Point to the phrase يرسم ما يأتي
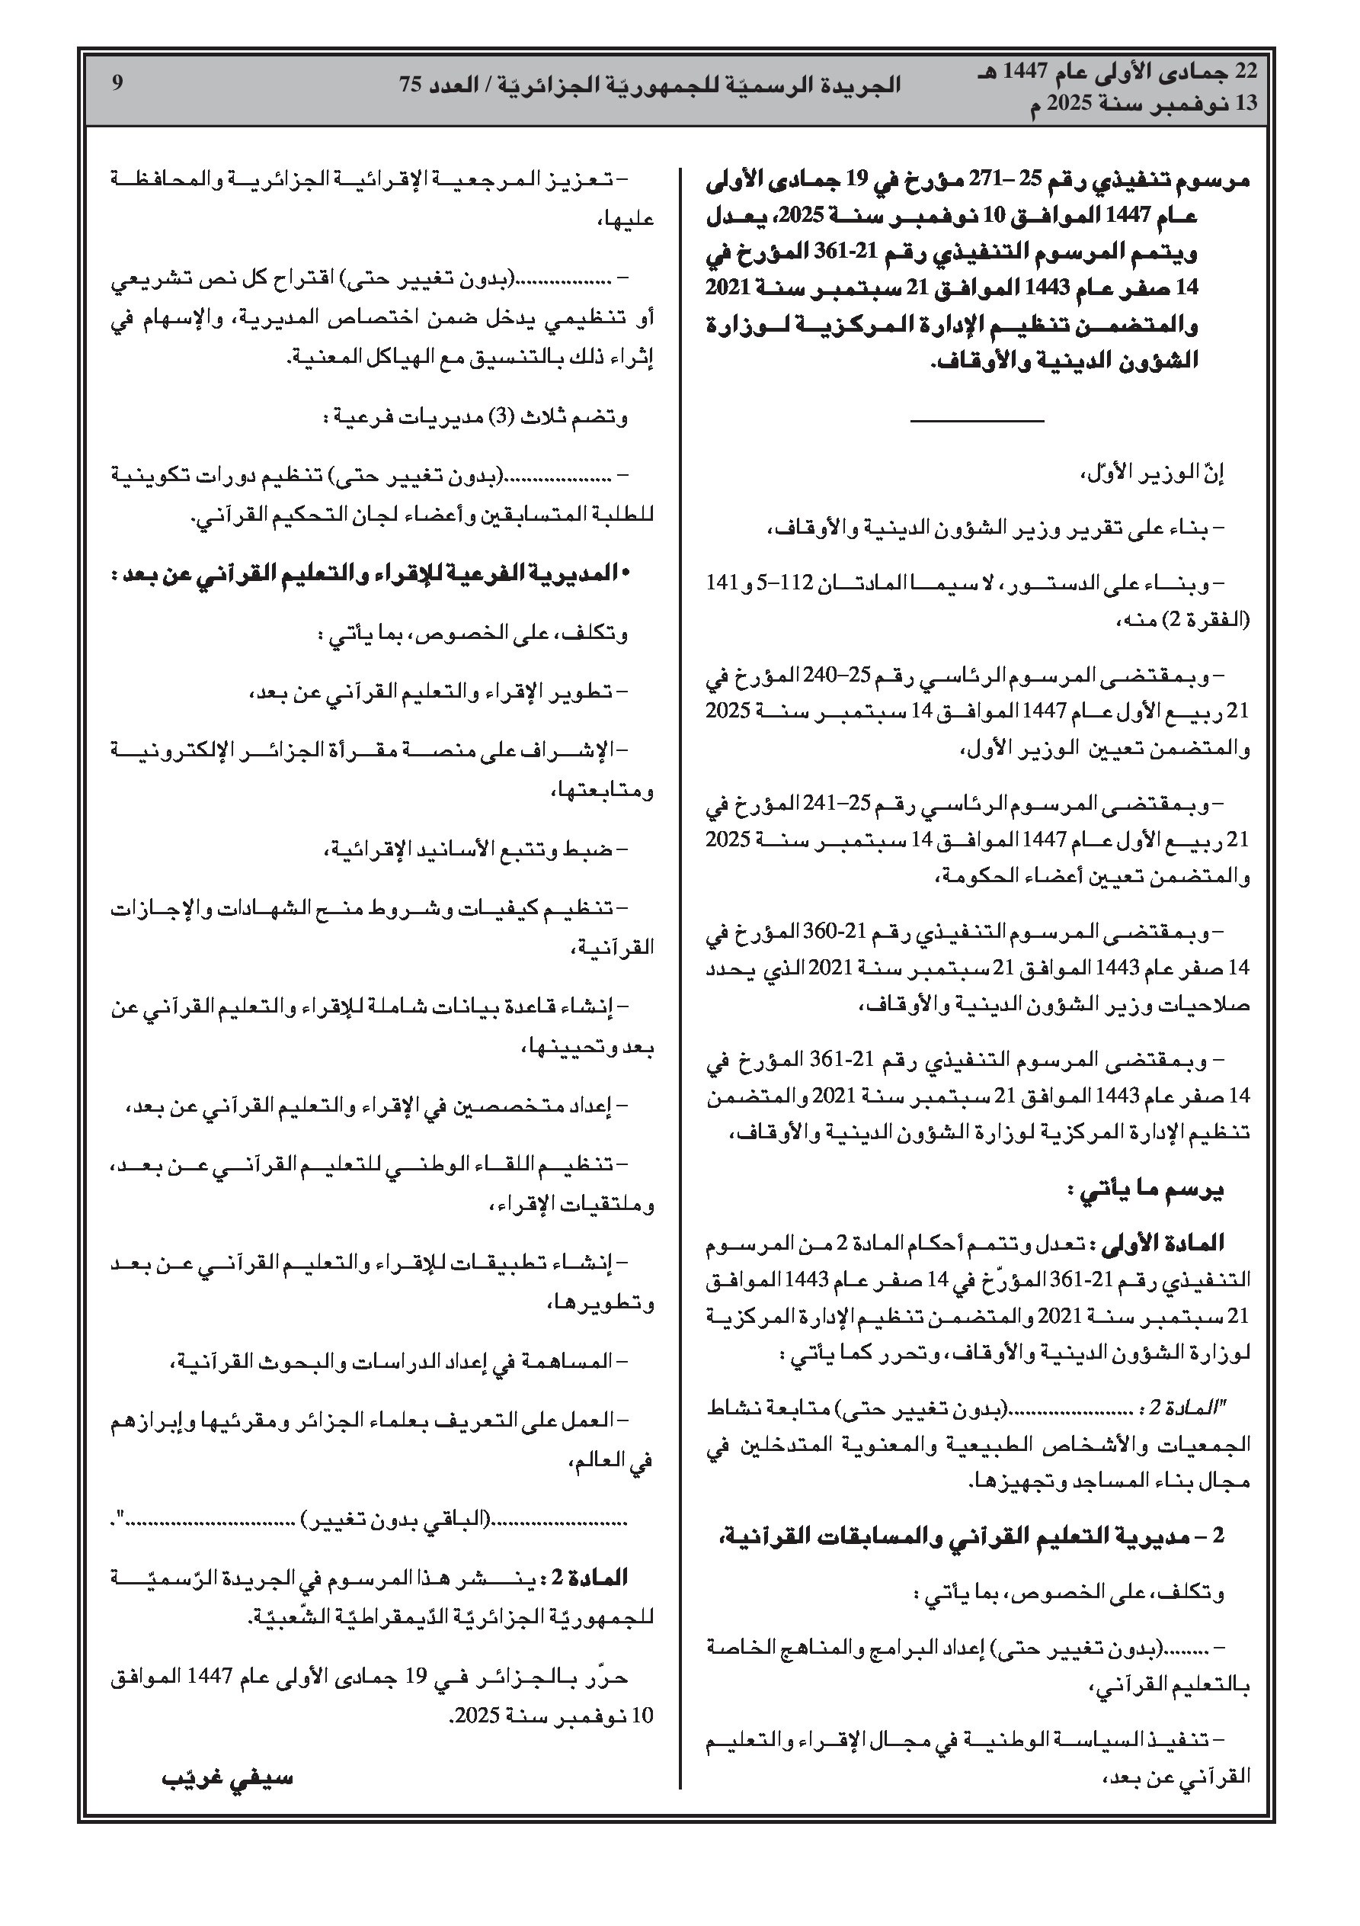pyautogui.click(x=1144, y=1192)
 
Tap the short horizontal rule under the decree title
pyautogui.click(x=977, y=419)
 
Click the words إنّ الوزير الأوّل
pyautogui.click(x=1150, y=475)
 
